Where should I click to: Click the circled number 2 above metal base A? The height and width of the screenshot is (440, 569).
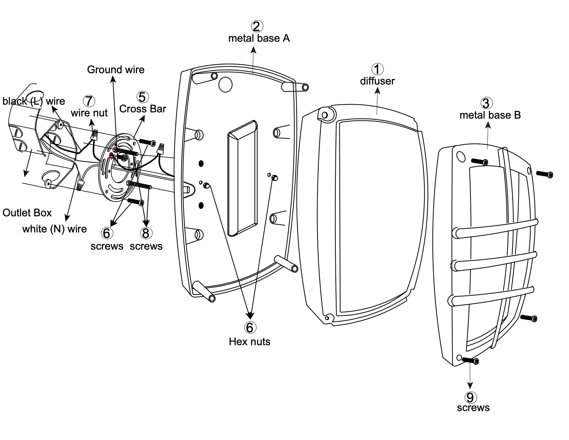257,26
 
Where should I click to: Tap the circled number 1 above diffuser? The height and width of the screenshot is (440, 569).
378,69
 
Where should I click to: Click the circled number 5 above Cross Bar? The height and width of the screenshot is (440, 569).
142,97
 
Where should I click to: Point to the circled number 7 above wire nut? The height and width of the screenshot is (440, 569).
89,101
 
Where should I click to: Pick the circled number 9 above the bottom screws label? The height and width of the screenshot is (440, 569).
470,397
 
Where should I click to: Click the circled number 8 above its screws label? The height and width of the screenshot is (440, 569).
146,233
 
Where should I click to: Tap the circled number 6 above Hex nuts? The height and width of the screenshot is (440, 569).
250,328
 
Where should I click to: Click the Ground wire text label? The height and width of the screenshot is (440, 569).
116,70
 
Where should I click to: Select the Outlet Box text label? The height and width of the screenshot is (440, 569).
27,213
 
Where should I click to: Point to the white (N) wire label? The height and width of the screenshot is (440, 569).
55,229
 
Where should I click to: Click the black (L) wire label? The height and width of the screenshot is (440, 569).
34,101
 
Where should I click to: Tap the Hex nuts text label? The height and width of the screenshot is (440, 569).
250,342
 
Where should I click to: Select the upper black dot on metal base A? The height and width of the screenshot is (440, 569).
201,163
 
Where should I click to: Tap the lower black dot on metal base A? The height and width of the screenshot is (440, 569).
201,205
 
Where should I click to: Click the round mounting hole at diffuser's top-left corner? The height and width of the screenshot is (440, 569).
324,115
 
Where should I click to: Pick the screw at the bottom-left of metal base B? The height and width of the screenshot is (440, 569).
471,361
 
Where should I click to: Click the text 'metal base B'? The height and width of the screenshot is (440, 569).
490,115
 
